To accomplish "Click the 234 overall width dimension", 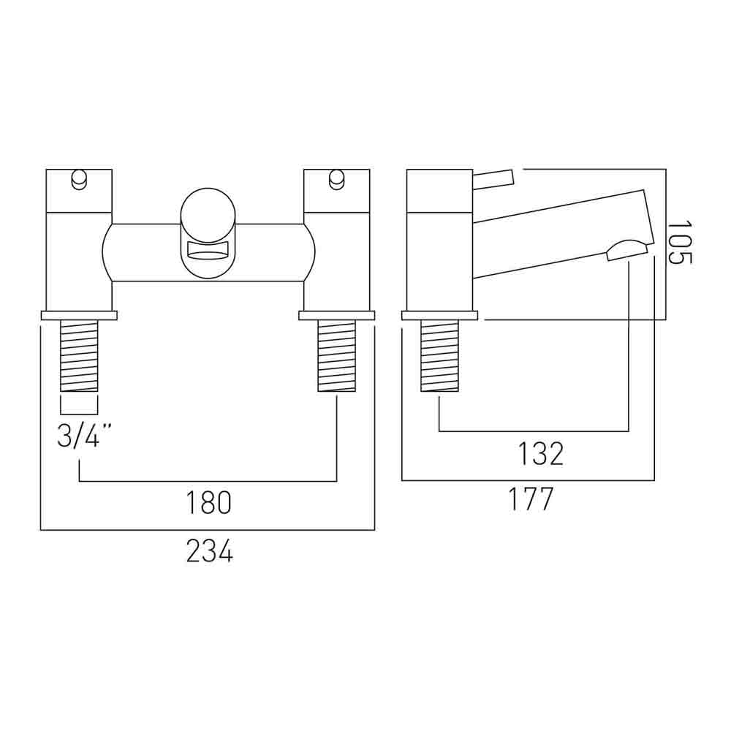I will click(209, 550).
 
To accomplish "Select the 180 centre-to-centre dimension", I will click(209, 503).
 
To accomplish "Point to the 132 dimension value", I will click(541, 454).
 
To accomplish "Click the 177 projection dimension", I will click(531, 501).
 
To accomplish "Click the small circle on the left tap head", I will click(78, 178).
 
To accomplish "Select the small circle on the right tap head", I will click(336, 178).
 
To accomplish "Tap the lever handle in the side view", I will click(494, 178).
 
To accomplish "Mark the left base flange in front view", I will click(78, 316).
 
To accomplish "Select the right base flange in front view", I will click(336, 316).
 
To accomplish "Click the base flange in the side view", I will click(439, 316).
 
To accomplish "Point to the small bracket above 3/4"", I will click(78, 405).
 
